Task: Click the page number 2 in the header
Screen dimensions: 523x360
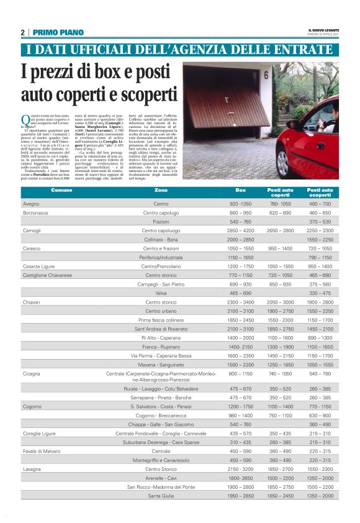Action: point(22,32)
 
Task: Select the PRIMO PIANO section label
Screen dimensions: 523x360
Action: point(58,32)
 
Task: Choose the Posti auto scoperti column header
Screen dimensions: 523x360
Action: point(320,193)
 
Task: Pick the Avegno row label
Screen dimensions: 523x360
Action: point(31,204)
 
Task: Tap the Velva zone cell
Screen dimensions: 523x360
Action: point(161,293)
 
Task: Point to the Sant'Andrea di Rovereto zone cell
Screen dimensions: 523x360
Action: point(161,329)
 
